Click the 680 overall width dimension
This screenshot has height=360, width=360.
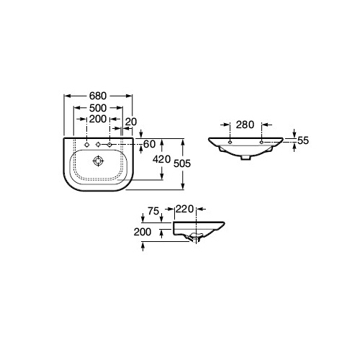point(98,96)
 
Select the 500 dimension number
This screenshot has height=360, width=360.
point(98,108)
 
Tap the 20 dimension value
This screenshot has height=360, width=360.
point(131,122)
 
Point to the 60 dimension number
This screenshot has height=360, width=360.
point(149,144)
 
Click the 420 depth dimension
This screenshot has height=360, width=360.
point(161,159)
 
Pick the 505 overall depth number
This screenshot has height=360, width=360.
point(182,163)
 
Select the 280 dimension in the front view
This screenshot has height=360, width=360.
point(245,125)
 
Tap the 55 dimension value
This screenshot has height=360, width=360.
point(303,140)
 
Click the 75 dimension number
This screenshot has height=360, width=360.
point(153,211)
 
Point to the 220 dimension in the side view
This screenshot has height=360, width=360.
point(184,210)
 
